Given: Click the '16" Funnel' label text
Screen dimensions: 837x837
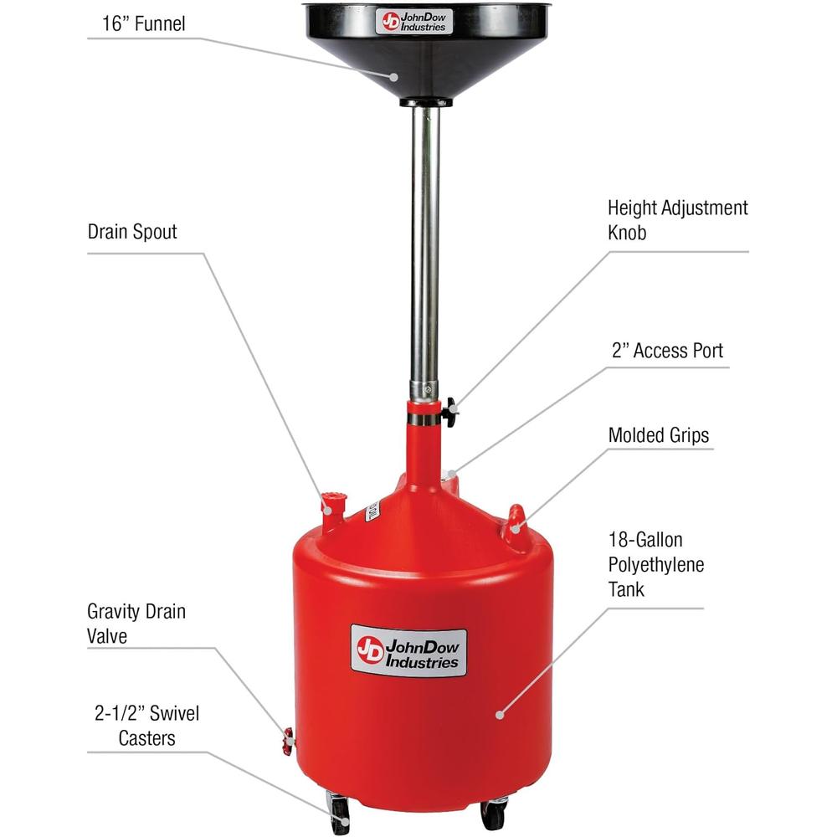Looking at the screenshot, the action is pos(144,24).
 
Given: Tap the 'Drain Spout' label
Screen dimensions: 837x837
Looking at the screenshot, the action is pos(132,232).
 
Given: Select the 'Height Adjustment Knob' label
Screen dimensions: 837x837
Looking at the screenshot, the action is pos(677,220).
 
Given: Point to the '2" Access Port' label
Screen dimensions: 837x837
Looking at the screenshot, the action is pos(667,351).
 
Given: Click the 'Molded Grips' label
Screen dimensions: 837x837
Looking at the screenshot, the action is pos(658,435).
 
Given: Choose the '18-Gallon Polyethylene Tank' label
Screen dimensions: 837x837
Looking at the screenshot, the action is pos(656,564).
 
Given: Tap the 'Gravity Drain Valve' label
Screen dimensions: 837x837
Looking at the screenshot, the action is pos(136,624).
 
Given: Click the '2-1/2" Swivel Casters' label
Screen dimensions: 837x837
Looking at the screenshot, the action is pos(146,726).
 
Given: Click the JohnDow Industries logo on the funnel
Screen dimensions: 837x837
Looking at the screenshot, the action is pos(413,22).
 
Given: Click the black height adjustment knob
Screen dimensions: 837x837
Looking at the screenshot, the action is pos(450,412).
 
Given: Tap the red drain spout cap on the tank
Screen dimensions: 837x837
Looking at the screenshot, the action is pos(334,503).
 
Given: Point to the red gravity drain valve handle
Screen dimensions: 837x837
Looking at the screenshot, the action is pos(288,741).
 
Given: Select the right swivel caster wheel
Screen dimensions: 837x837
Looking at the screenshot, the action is pos(493,815).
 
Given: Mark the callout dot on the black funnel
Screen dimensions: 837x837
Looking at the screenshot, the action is pos(393,77).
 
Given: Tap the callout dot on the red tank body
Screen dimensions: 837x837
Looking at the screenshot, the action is pos(500,715).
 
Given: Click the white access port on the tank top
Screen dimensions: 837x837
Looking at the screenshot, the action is pos(449,475).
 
